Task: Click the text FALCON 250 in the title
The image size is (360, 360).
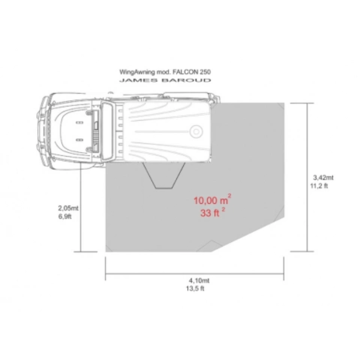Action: [192, 72]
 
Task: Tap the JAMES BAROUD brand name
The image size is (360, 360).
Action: [165, 80]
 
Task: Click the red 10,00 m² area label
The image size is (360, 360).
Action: [213, 200]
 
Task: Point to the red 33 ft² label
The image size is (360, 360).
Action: [213, 213]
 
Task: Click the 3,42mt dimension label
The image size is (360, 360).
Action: [323, 178]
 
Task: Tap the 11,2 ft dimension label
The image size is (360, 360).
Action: [319, 186]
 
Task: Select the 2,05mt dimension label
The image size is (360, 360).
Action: [68, 208]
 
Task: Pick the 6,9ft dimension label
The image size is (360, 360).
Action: [65, 217]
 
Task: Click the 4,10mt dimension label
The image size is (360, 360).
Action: [199, 280]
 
